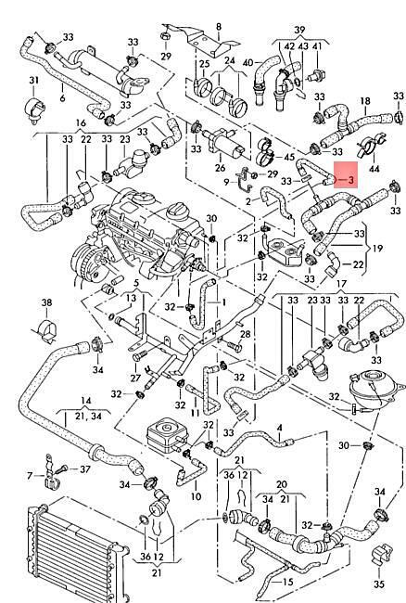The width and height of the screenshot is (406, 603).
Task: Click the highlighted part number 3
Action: coord(350,180)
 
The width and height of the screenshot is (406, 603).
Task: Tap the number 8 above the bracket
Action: coord(219,27)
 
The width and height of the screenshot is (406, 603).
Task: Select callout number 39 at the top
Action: coord(299,30)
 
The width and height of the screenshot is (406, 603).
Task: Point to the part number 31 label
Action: coord(33,81)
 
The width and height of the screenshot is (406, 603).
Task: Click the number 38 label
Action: coord(46,302)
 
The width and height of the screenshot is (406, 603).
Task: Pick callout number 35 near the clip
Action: coord(379,584)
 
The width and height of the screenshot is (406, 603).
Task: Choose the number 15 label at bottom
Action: coord(287,582)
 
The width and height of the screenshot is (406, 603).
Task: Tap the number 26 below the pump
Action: coord(220,168)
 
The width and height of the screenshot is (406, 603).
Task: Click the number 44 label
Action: coord(374,169)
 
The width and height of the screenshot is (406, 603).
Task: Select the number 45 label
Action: coord(289,157)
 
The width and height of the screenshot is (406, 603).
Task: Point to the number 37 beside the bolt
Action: coord(85,469)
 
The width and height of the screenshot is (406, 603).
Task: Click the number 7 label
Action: coord(30,476)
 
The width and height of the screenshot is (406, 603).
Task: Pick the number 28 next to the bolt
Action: coord(245,333)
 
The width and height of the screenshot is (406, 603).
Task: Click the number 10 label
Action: coord(196,496)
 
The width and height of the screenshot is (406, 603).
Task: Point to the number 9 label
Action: coord(226,182)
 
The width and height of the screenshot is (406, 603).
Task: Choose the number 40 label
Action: coord(248,62)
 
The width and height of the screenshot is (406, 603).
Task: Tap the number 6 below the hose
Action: coord(63,98)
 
